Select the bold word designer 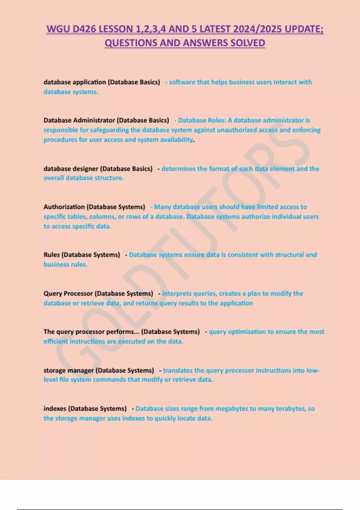(84, 169)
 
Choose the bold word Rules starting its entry (52, 255)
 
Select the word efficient (55, 341)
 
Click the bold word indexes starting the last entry (55, 409)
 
